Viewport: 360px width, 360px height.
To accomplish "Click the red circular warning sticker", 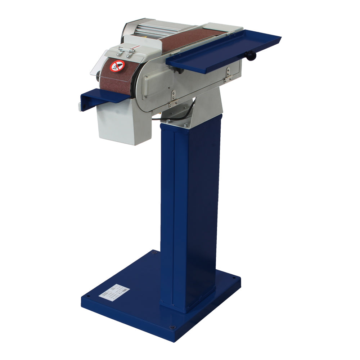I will coord(117,66).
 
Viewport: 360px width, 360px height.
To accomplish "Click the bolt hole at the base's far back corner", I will coord(154,253).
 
